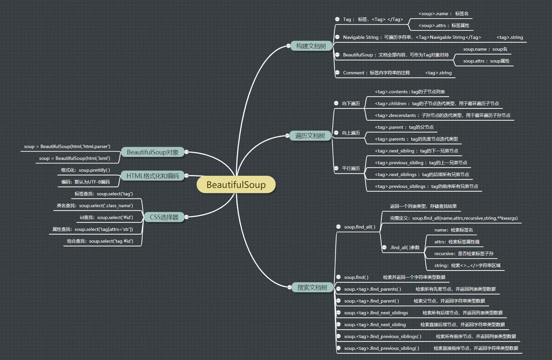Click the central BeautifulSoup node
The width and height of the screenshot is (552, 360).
(x=236, y=185)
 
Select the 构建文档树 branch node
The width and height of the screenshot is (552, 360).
(x=311, y=46)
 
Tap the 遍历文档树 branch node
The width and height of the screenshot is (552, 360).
(x=310, y=136)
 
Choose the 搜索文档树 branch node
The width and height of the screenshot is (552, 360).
(x=312, y=288)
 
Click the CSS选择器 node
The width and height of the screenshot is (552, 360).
(x=164, y=217)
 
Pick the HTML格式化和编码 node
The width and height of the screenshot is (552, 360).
(x=152, y=176)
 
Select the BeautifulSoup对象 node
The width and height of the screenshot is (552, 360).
(x=152, y=152)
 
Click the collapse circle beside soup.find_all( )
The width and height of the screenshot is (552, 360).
(x=338, y=227)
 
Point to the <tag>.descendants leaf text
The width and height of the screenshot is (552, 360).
(x=442, y=115)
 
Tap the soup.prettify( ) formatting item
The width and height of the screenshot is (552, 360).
(x=86, y=170)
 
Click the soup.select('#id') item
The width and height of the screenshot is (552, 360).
(x=106, y=217)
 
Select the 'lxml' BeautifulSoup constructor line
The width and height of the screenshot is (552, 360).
(x=74, y=158)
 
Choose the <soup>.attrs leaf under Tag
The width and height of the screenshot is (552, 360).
(x=444, y=25)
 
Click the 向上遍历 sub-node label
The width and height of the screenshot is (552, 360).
(x=351, y=133)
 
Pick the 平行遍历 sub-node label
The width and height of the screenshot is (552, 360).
(x=351, y=168)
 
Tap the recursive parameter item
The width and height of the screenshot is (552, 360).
(x=464, y=254)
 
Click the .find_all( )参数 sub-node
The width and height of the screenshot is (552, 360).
(x=405, y=247)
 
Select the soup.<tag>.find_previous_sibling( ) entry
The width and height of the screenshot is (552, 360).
(x=382, y=348)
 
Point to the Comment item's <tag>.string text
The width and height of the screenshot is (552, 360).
(x=438, y=73)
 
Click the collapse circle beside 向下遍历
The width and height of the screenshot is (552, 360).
(x=336, y=103)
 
